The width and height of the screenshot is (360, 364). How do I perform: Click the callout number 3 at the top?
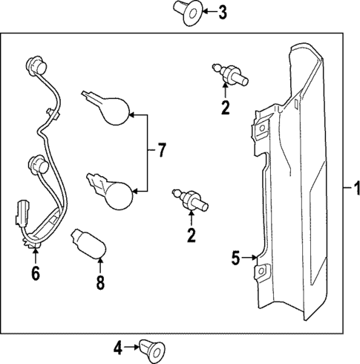223,13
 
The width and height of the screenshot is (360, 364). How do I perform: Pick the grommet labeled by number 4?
152,350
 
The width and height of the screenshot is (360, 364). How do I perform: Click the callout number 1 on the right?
356,188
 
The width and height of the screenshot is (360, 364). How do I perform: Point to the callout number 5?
235,258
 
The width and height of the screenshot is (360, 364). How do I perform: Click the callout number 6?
36,273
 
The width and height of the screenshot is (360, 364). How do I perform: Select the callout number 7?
161,150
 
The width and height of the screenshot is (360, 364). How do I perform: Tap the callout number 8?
100,283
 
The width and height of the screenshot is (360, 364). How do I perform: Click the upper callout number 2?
225,108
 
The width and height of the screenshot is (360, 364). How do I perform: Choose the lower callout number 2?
192,235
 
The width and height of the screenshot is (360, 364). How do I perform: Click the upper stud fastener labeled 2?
230,75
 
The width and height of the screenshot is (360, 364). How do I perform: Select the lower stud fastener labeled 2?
190,200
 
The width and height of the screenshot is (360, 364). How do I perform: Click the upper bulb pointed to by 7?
106,108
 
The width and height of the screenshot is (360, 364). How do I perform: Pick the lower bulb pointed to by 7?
110,192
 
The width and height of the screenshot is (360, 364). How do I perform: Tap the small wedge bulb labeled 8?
88,244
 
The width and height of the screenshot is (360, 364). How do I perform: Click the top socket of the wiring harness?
36,65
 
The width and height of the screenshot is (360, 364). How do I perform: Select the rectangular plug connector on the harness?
23,212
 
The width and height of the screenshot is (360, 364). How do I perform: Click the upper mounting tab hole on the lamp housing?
262,128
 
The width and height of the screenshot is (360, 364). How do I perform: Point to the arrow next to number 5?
249,258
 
